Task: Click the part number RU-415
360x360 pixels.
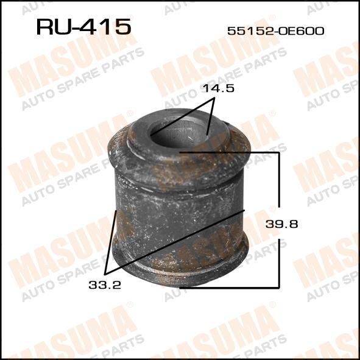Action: pyautogui.click(x=83, y=27)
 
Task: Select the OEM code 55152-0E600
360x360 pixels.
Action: pyautogui.click(x=276, y=31)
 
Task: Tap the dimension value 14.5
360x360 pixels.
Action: pyautogui.click(x=219, y=88)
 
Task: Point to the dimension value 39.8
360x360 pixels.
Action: pyautogui.click(x=281, y=224)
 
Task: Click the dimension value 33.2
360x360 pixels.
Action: pyautogui.click(x=105, y=285)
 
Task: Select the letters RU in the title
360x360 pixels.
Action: pyautogui.click(x=54, y=27)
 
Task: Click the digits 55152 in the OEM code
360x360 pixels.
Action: pyautogui.click(x=250, y=31)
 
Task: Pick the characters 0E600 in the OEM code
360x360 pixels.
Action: pyautogui.click(x=302, y=31)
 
